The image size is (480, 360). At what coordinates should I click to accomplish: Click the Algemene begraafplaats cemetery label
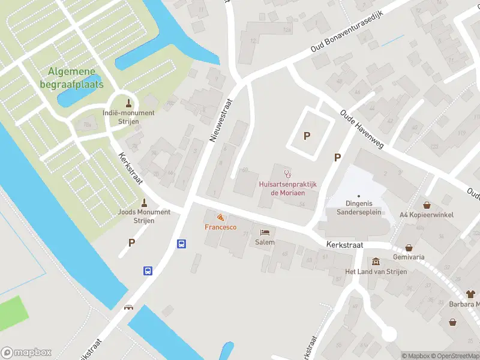click(x=76, y=78)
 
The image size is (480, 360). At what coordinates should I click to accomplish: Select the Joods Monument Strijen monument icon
click(x=144, y=202)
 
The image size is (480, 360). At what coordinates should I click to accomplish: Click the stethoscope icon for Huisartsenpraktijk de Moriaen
click(x=287, y=174)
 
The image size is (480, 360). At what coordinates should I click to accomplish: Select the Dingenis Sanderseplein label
click(x=358, y=208)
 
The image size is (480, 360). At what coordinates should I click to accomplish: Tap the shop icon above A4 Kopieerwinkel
click(x=427, y=205)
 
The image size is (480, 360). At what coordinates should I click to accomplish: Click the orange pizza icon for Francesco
click(x=220, y=217)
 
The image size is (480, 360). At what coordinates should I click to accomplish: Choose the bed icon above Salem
click(x=265, y=232)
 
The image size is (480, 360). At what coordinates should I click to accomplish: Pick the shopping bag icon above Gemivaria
click(x=409, y=247)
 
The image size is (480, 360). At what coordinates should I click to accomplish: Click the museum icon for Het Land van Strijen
click(x=376, y=262)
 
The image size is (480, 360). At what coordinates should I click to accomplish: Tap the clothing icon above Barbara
click(x=470, y=294)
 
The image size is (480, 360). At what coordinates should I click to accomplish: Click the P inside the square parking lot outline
click(x=307, y=136)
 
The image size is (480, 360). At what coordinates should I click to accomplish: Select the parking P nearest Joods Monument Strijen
click(x=131, y=243)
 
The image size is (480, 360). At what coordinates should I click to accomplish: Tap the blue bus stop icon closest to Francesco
click(x=181, y=244)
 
